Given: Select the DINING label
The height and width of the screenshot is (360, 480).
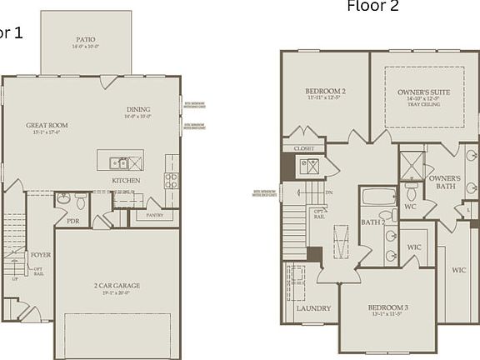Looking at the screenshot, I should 138,109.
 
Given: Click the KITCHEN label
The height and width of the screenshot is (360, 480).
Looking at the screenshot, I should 126,181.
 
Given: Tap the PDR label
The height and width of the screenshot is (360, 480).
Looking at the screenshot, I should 73,221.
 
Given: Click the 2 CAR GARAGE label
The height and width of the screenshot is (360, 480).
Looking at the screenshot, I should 116,285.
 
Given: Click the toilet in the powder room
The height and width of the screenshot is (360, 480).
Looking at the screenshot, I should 81,201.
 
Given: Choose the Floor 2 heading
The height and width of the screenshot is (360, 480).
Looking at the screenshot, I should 372,7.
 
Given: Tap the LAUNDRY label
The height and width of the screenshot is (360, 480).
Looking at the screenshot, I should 313,308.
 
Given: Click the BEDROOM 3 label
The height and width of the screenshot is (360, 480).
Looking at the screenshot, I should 387,308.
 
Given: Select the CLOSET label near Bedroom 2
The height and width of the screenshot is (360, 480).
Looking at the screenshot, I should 304,148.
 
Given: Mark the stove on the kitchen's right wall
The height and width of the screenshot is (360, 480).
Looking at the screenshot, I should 172,178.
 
